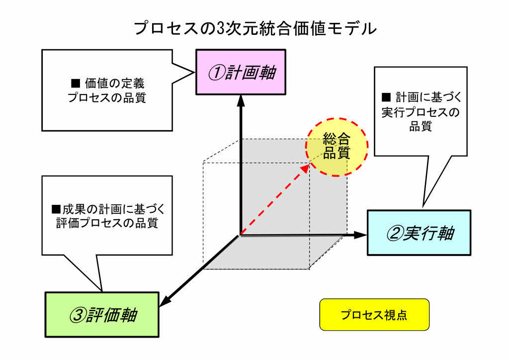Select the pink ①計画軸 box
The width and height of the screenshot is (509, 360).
point(241,72)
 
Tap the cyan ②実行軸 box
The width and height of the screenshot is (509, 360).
point(419,233)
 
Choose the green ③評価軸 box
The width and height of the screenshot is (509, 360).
point(102,314)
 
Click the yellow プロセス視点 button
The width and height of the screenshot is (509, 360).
point(374,315)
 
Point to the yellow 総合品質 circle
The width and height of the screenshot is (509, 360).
point(337,146)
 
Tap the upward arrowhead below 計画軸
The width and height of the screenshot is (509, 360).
point(241,99)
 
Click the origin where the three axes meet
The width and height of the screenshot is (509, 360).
point(241,235)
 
